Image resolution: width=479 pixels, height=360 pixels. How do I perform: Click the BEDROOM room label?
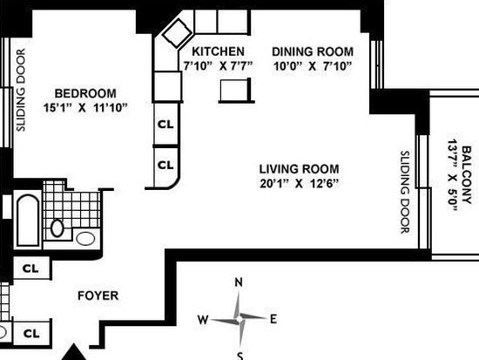coord(85,93)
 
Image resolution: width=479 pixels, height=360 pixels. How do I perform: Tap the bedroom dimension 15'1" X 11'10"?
coord(85,108)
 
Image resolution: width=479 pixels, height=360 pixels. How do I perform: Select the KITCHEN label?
coord(218,51)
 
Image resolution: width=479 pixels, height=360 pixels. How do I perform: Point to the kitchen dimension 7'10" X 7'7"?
coord(218,65)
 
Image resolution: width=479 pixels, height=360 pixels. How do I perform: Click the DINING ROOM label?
coord(313,51)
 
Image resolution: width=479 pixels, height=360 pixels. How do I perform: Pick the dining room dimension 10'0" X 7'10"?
coord(313,65)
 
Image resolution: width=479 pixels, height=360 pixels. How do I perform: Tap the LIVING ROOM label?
coord(299,169)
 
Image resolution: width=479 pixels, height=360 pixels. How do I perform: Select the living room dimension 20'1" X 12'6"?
coord(299,183)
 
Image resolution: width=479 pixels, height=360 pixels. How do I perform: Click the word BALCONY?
coord(467,175)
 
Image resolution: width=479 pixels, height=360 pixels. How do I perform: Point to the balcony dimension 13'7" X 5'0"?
coord(453,175)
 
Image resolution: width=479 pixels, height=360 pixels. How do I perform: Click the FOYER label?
coord(98,295)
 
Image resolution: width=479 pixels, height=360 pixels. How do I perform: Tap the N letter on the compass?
coord(239,282)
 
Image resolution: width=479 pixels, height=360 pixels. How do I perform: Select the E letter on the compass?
coord(273,319)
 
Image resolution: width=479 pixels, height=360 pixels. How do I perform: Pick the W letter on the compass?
coord(203,320)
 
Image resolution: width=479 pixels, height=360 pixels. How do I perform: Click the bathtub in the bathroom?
coord(28,221)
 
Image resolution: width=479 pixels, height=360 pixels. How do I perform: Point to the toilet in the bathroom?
coord(57,228)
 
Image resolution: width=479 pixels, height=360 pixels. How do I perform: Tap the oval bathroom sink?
coord(85,239)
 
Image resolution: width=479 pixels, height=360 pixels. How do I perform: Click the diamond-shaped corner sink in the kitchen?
coord(177,33)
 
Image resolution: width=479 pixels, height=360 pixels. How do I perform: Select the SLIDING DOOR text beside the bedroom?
coord(21,91)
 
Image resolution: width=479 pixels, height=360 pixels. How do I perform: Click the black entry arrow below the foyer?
coord(74,353)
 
